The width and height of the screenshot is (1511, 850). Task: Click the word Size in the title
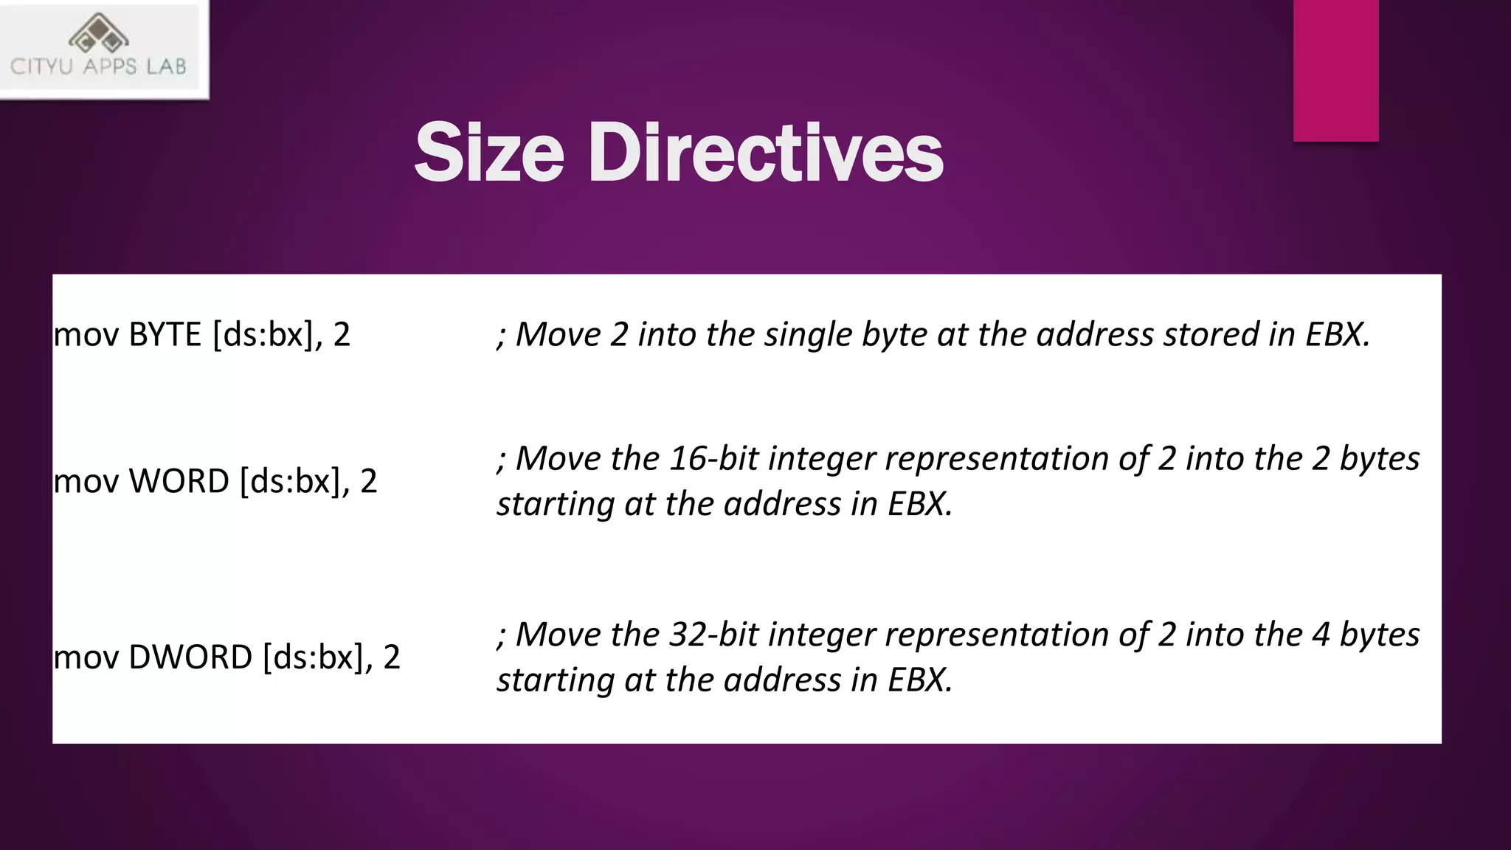[489, 153]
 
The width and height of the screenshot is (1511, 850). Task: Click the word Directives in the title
[765, 153]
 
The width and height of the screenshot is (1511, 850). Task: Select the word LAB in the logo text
[166, 67]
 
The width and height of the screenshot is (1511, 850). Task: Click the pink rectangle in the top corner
[1335, 70]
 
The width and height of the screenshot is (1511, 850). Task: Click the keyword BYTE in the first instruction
[165, 335]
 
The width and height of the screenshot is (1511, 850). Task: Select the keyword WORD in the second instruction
[179, 481]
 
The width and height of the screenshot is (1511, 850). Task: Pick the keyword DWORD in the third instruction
[190, 657]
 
